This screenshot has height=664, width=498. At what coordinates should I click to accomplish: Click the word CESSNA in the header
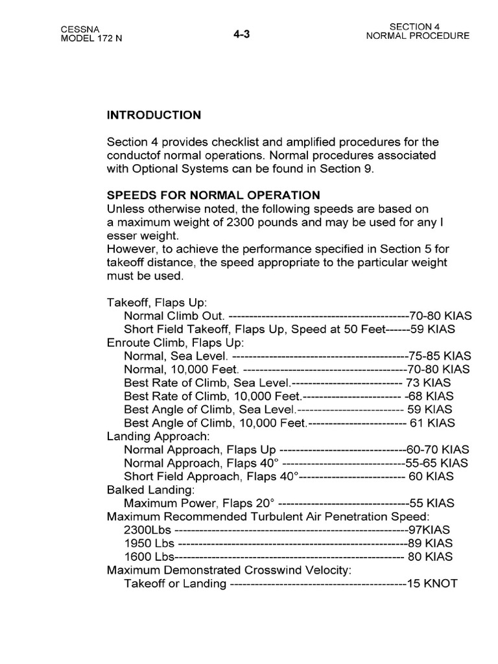click(x=78, y=30)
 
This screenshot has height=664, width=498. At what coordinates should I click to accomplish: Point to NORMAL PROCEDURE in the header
click(x=418, y=36)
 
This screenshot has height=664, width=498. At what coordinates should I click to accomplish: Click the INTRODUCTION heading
click(x=154, y=115)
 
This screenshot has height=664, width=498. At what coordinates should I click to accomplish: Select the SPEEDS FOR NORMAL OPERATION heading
click(x=213, y=195)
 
